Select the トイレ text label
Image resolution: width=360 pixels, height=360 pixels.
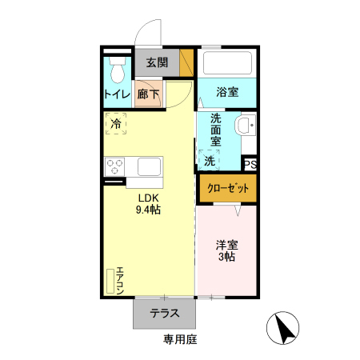(118, 94)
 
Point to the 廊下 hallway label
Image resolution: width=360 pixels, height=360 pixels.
(148, 94)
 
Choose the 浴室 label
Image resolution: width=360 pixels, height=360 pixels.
(227, 92)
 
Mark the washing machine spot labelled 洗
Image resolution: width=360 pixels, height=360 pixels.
(209, 161)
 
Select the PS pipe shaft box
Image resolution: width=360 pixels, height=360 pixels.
(250, 165)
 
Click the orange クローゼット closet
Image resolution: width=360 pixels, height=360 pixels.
(227, 188)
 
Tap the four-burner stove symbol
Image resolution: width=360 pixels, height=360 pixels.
(114, 167)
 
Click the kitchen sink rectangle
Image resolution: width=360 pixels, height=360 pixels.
(150, 167)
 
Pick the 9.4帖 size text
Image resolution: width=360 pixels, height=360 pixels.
(149, 210)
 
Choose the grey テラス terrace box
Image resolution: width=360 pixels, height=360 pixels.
(164, 314)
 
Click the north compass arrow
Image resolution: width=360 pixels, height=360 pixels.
(282, 329)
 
